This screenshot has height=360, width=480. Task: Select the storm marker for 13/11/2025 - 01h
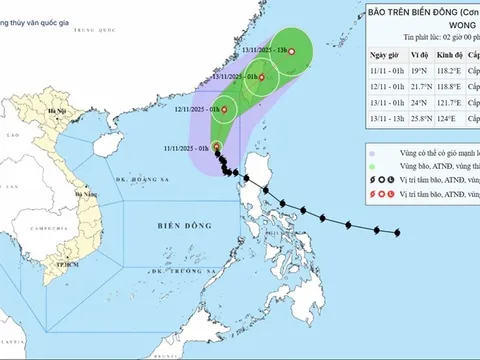[262, 77]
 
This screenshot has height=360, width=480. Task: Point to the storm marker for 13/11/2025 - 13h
[292, 50]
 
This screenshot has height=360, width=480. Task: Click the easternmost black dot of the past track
[397, 235]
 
